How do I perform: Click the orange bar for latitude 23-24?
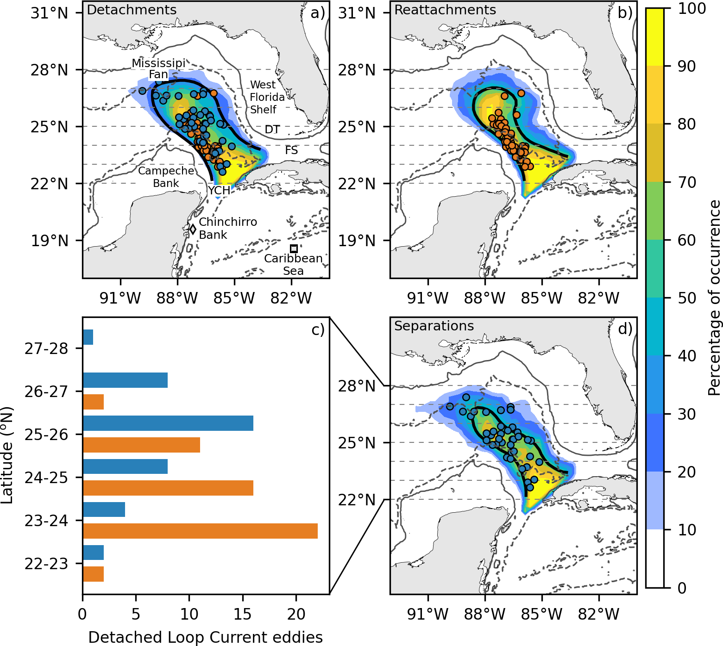click(x=200, y=531)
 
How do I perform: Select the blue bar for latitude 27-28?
click(x=88, y=337)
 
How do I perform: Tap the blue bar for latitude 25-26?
click(x=168, y=423)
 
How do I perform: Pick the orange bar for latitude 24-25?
click(x=168, y=488)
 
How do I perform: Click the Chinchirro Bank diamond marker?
click(x=193, y=229)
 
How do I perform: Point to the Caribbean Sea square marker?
click(x=294, y=248)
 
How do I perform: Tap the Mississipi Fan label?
click(x=158, y=68)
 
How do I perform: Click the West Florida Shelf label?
click(x=267, y=97)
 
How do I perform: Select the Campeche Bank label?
click(x=166, y=177)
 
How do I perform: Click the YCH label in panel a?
click(x=219, y=190)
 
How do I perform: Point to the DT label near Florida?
click(x=272, y=130)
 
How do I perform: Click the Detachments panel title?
click(x=132, y=10)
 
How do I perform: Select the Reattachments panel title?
click(x=445, y=10)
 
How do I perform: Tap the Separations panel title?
click(x=434, y=326)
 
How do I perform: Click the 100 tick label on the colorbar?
click(x=692, y=8)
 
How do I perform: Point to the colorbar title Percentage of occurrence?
click(x=714, y=298)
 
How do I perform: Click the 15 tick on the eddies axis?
click(x=243, y=614)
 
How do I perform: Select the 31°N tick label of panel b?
click(x=357, y=13)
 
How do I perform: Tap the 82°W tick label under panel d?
click(x=598, y=614)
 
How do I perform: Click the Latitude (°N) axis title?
click(x=7, y=455)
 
